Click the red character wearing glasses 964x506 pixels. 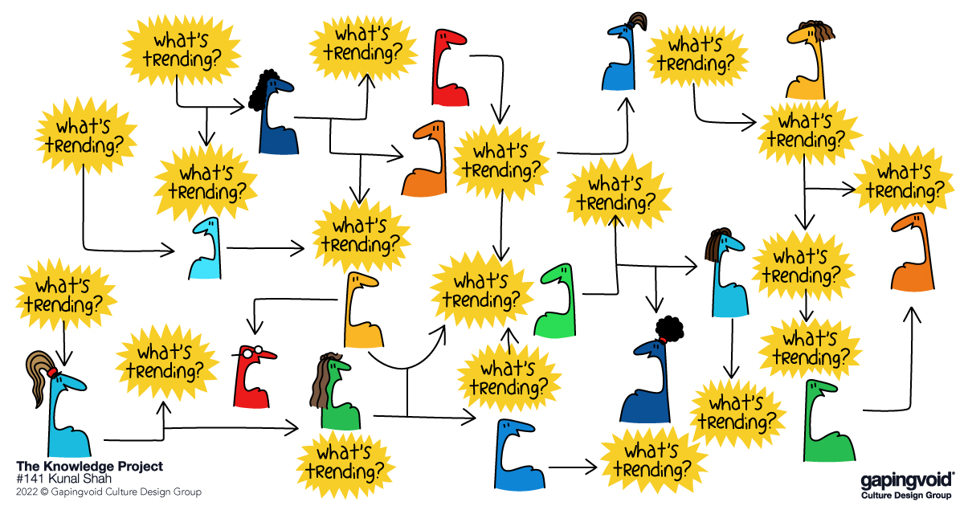point(254,377)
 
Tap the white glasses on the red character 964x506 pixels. point(251,352)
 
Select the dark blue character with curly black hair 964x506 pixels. point(273,112)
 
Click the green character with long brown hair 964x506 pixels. point(335,392)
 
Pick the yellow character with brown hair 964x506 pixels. point(809,60)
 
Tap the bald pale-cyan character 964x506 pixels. point(206,249)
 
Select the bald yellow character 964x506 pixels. point(362,310)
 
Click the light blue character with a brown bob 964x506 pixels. point(726,273)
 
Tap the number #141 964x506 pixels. point(31,479)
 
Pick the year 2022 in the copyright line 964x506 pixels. point(27,492)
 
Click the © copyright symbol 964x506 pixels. point(44,492)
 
